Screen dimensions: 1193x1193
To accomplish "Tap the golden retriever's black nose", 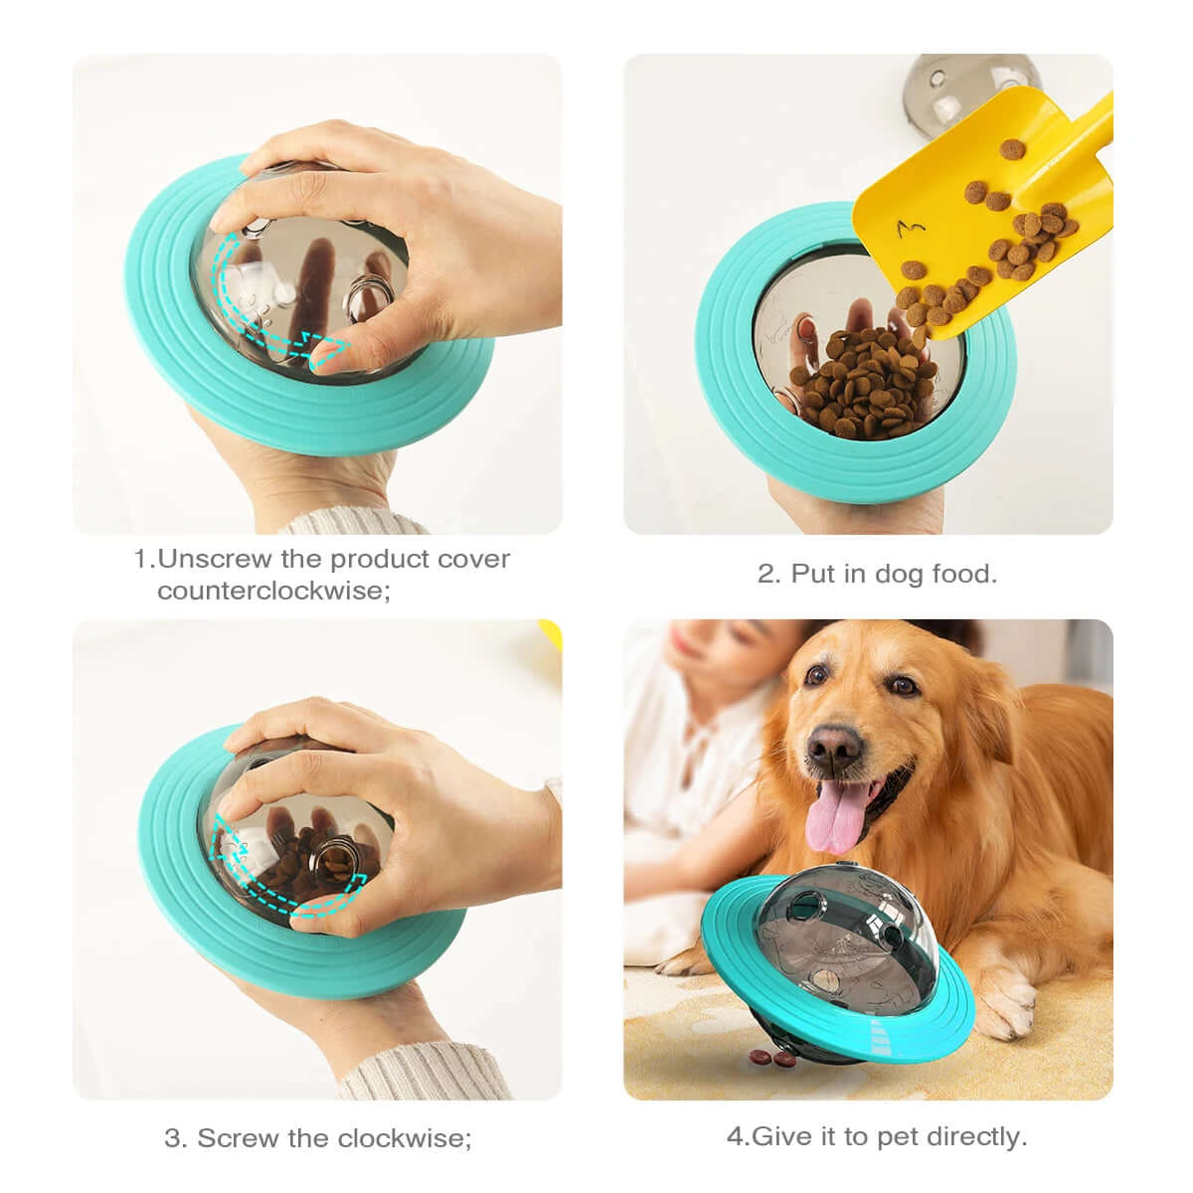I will (x=833, y=742).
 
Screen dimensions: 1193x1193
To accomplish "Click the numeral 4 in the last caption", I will (x=735, y=1136).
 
